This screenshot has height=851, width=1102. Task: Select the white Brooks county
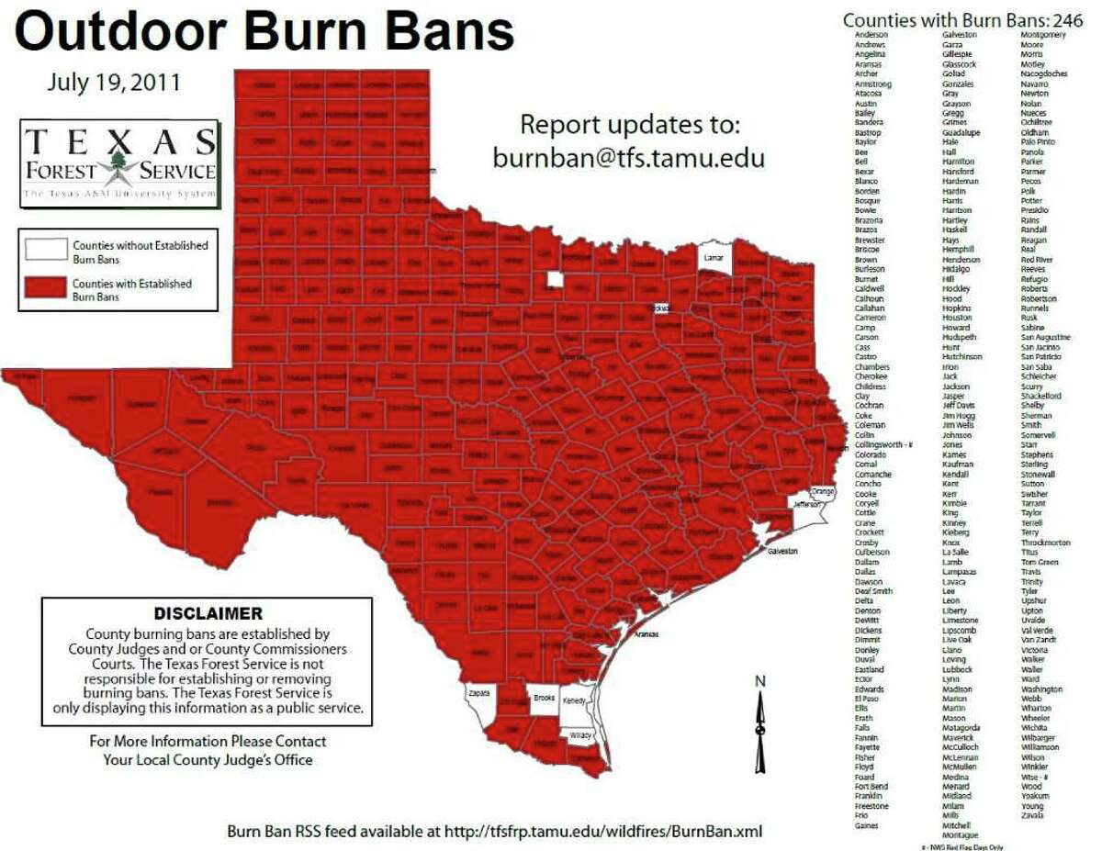tap(543, 700)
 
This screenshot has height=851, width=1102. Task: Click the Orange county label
tap(822, 492)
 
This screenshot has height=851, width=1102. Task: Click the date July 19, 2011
tap(114, 83)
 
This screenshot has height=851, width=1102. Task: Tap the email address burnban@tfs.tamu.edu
tap(628, 157)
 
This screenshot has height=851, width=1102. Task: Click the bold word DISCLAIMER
tap(208, 612)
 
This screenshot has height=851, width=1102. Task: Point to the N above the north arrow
tap(759, 681)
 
